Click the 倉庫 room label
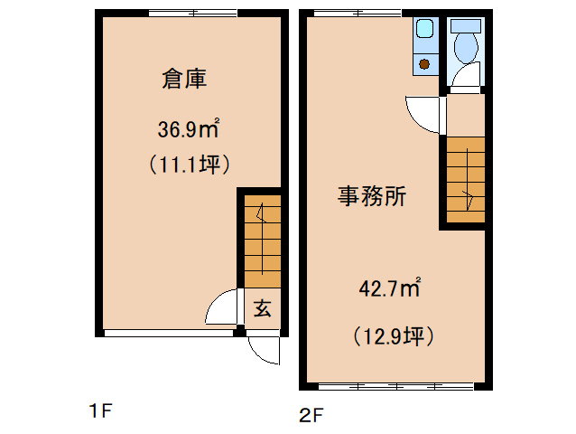point(185,80)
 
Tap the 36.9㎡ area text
point(189,129)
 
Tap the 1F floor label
point(99,411)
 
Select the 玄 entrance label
point(262,308)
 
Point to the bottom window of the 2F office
point(395,386)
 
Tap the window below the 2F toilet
point(466,90)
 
